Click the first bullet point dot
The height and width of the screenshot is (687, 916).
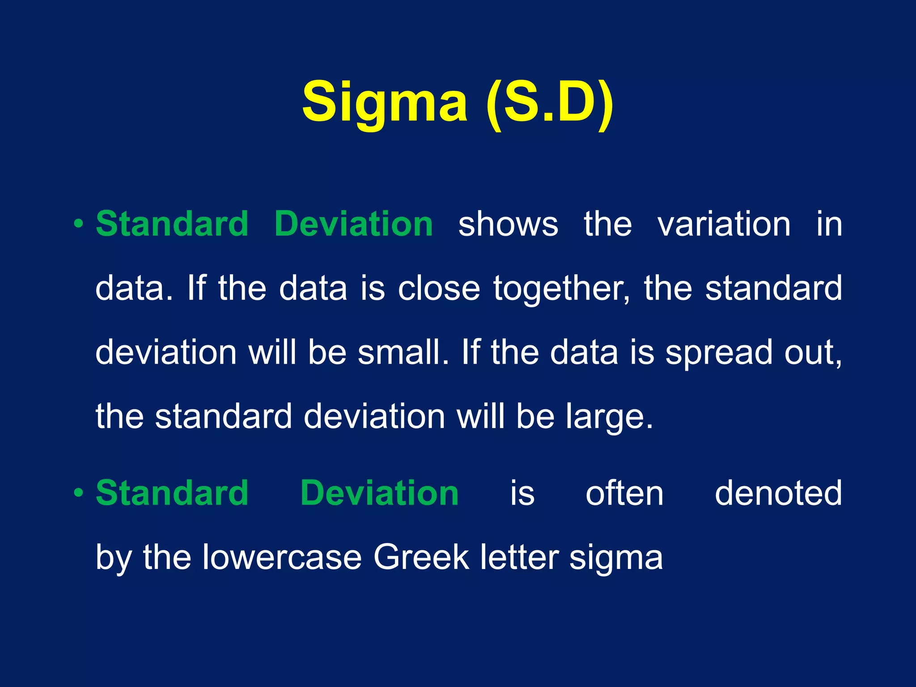click(79, 223)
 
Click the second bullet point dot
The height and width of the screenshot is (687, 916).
click(79, 492)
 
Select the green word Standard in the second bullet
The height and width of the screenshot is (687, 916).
click(172, 492)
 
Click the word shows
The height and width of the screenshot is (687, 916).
click(508, 225)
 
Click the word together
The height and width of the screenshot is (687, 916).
click(561, 289)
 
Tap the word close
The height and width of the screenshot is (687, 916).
click(439, 288)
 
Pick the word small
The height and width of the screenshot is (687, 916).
click(403, 352)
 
